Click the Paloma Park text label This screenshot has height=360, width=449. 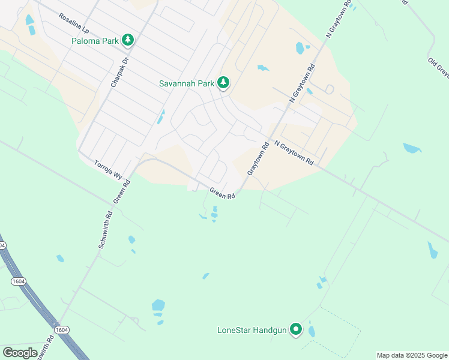[95, 41]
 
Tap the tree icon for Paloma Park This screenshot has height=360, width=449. [127, 40]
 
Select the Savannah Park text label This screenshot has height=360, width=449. [186, 83]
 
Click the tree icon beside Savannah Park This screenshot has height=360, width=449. [223, 83]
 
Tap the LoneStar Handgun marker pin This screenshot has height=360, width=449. [295, 329]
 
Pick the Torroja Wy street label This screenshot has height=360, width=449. [108, 169]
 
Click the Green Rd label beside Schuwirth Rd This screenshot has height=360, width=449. [122, 190]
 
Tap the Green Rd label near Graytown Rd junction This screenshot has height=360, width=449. [221, 193]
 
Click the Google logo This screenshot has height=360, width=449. [20, 353]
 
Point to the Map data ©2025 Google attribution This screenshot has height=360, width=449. [412, 355]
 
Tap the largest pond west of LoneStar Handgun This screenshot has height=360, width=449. [158, 305]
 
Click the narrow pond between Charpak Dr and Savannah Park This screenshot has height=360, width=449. [160, 116]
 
